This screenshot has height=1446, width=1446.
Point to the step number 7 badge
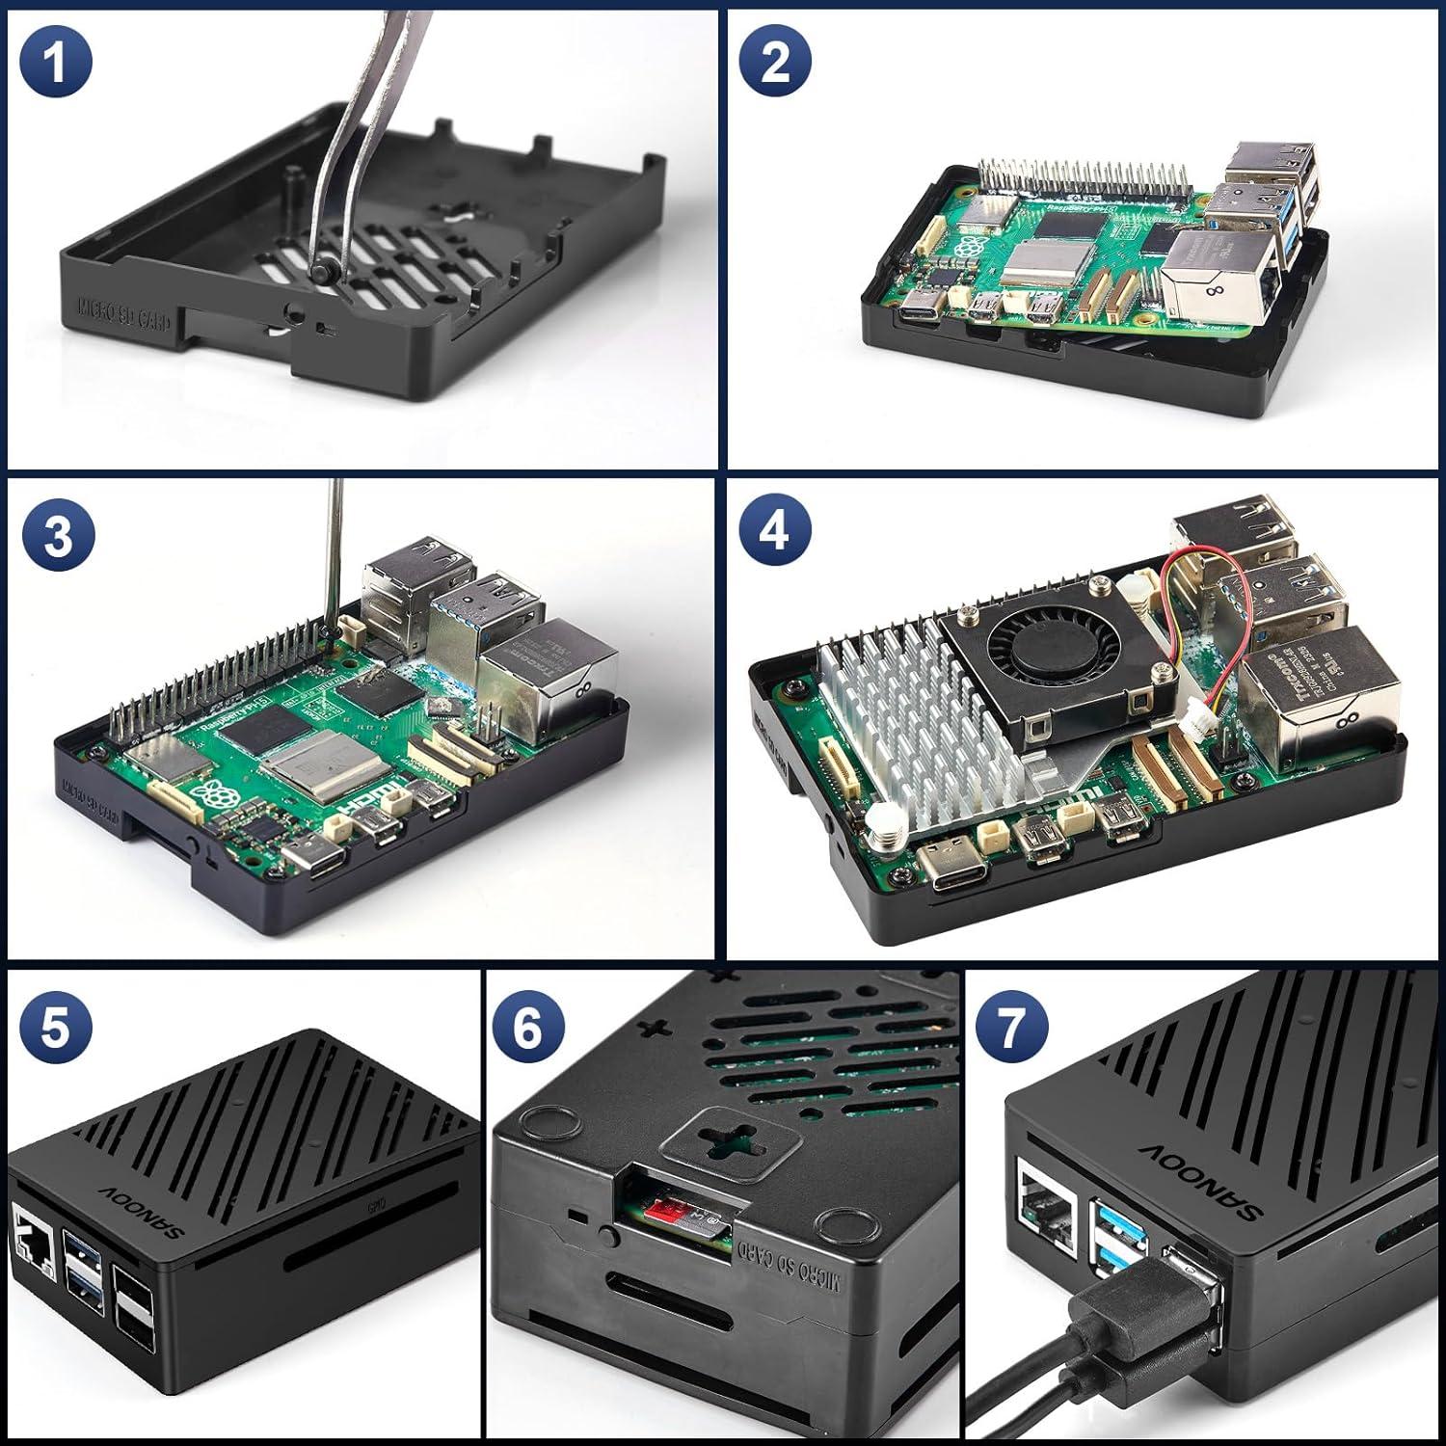point(1011,1028)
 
